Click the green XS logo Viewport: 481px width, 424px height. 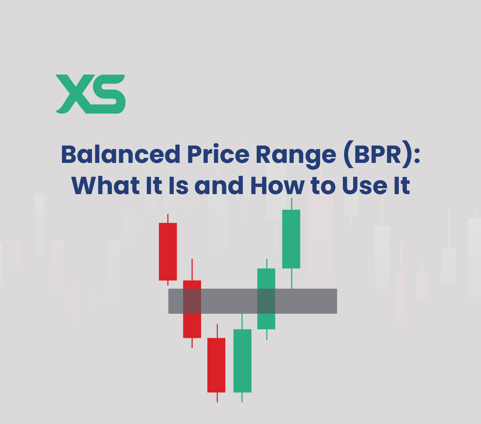tap(90, 94)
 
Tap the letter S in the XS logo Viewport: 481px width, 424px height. tap(107, 94)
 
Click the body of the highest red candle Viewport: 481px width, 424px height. tap(168, 252)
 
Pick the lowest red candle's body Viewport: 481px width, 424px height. tap(216, 365)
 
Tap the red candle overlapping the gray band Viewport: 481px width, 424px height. tap(192, 309)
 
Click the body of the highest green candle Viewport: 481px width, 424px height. tap(291, 239)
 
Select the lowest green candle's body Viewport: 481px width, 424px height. tap(242, 361)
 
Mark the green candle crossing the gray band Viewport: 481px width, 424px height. tap(266, 299)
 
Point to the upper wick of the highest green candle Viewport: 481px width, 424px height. tap(292, 204)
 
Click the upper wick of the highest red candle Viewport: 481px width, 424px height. tap(168, 218)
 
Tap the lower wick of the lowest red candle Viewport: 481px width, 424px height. tap(217, 397)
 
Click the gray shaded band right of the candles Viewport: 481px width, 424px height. tap(306, 301)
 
